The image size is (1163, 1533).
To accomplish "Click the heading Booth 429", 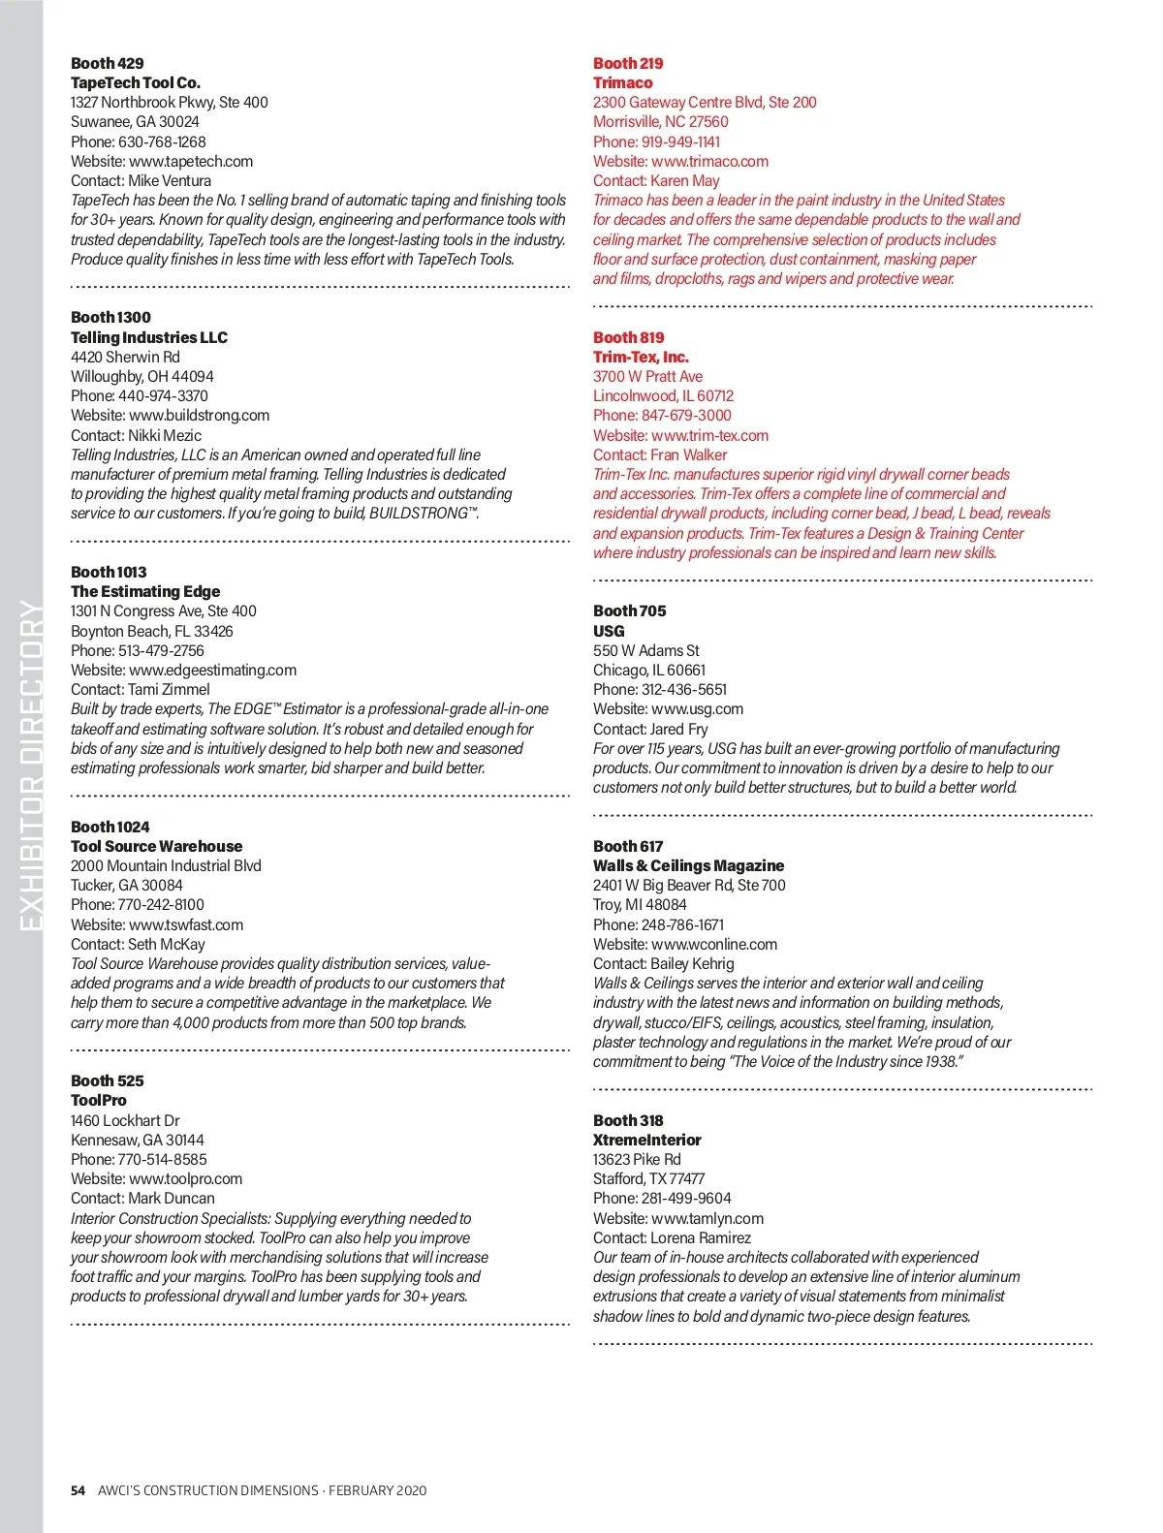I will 107,63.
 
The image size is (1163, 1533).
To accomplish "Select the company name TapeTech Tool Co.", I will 136,82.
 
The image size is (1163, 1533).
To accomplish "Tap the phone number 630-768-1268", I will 162,141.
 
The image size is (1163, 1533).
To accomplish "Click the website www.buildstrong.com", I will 199,415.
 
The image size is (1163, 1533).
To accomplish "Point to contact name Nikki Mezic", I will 165,435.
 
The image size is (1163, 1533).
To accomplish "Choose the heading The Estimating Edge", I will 145,591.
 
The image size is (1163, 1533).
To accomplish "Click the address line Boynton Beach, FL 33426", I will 152,631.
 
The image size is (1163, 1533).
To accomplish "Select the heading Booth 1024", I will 110,827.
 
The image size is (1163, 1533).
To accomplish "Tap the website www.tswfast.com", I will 186,924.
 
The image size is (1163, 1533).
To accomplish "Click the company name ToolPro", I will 99,1100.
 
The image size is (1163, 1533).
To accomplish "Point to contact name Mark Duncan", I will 172,1198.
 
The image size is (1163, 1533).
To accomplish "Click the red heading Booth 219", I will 628,63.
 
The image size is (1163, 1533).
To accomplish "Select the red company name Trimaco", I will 623,82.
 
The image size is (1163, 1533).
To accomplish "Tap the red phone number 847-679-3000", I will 686,415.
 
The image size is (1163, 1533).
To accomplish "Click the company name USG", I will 609,631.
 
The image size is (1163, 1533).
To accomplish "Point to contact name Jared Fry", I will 678,729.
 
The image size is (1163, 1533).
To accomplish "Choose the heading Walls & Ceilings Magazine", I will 688,865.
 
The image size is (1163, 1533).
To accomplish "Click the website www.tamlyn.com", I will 707,1218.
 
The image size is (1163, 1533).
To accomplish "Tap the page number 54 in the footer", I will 78,1490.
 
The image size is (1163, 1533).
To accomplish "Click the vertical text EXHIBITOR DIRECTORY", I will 31,766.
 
